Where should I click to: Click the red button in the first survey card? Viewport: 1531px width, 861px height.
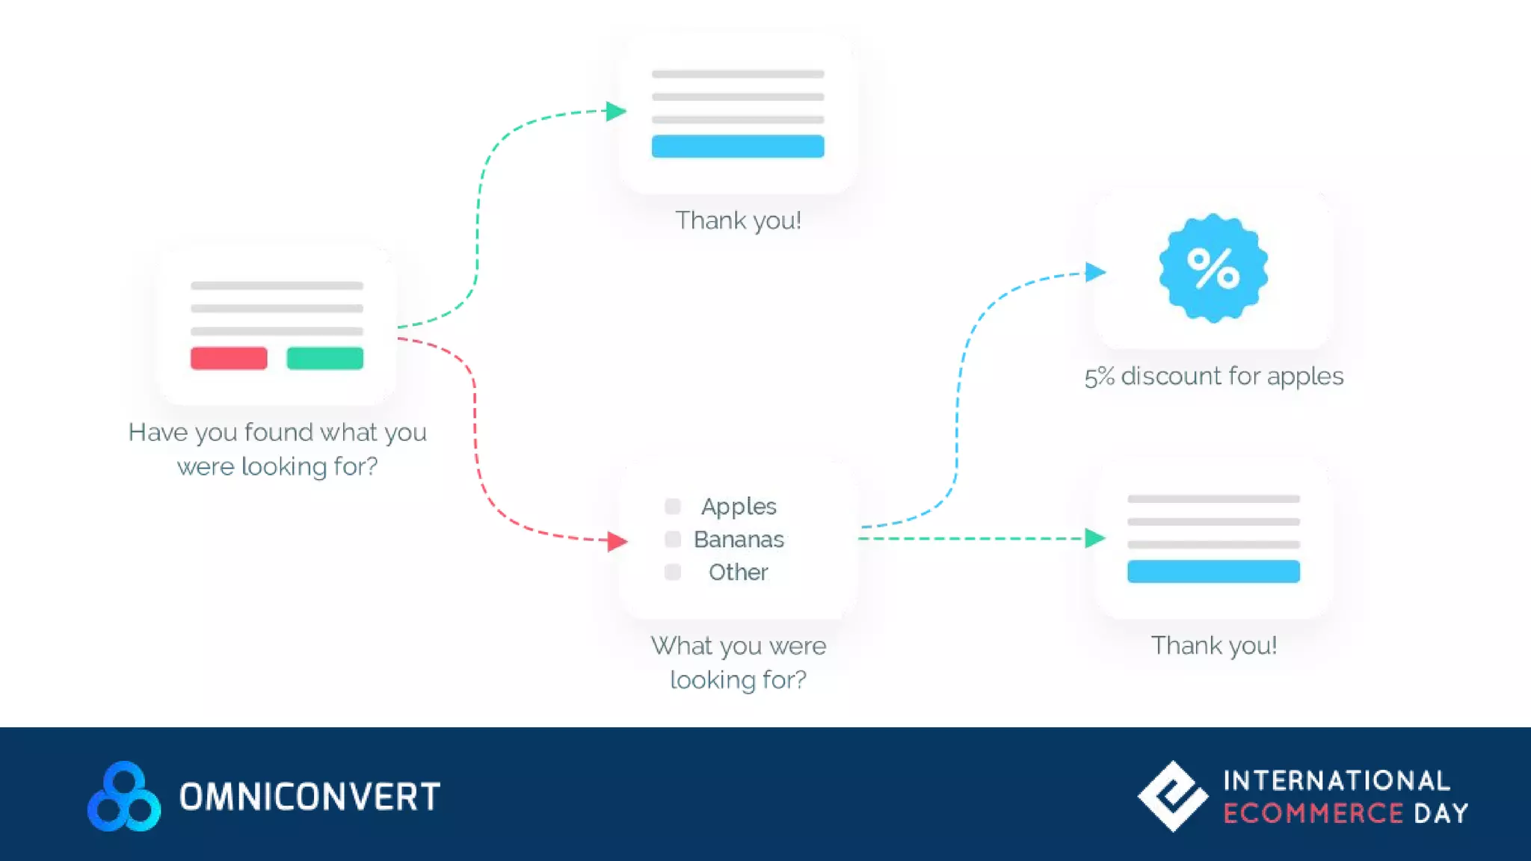(x=229, y=358)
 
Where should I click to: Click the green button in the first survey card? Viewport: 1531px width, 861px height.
(x=325, y=358)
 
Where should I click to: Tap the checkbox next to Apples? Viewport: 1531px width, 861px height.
(x=673, y=507)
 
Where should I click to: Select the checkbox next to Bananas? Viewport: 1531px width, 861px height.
(x=673, y=539)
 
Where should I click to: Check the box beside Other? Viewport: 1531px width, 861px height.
(x=673, y=572)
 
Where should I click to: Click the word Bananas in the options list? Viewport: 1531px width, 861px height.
(x=739, y=539)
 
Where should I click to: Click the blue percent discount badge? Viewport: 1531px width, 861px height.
(x=1213, y=268)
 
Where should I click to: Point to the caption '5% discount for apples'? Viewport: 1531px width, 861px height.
(x=1213, y=376)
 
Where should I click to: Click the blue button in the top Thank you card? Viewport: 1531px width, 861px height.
(x=738, y=146)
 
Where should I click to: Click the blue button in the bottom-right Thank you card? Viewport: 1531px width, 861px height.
(x=1213, y=571)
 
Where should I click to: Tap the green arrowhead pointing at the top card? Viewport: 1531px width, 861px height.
(x=616, y=111)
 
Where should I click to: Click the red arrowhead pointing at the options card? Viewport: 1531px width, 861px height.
(x=617, y=540)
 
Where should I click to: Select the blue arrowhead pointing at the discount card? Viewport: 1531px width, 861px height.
(x=1095, y=272)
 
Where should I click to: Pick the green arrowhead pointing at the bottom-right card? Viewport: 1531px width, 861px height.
(x=1095, y=538)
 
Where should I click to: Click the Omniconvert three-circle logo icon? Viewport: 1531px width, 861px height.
(x=124, y=797)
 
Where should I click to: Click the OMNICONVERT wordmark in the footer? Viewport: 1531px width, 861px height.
(x=309, y=797)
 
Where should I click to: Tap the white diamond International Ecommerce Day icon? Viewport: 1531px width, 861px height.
(x=1172, y=796)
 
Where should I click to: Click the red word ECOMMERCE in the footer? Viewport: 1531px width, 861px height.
(x=1313, y=813)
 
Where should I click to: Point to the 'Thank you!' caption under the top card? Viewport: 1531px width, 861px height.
(x=738, y=220)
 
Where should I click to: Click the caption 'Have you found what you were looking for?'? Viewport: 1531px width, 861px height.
(x=277, y=448)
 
